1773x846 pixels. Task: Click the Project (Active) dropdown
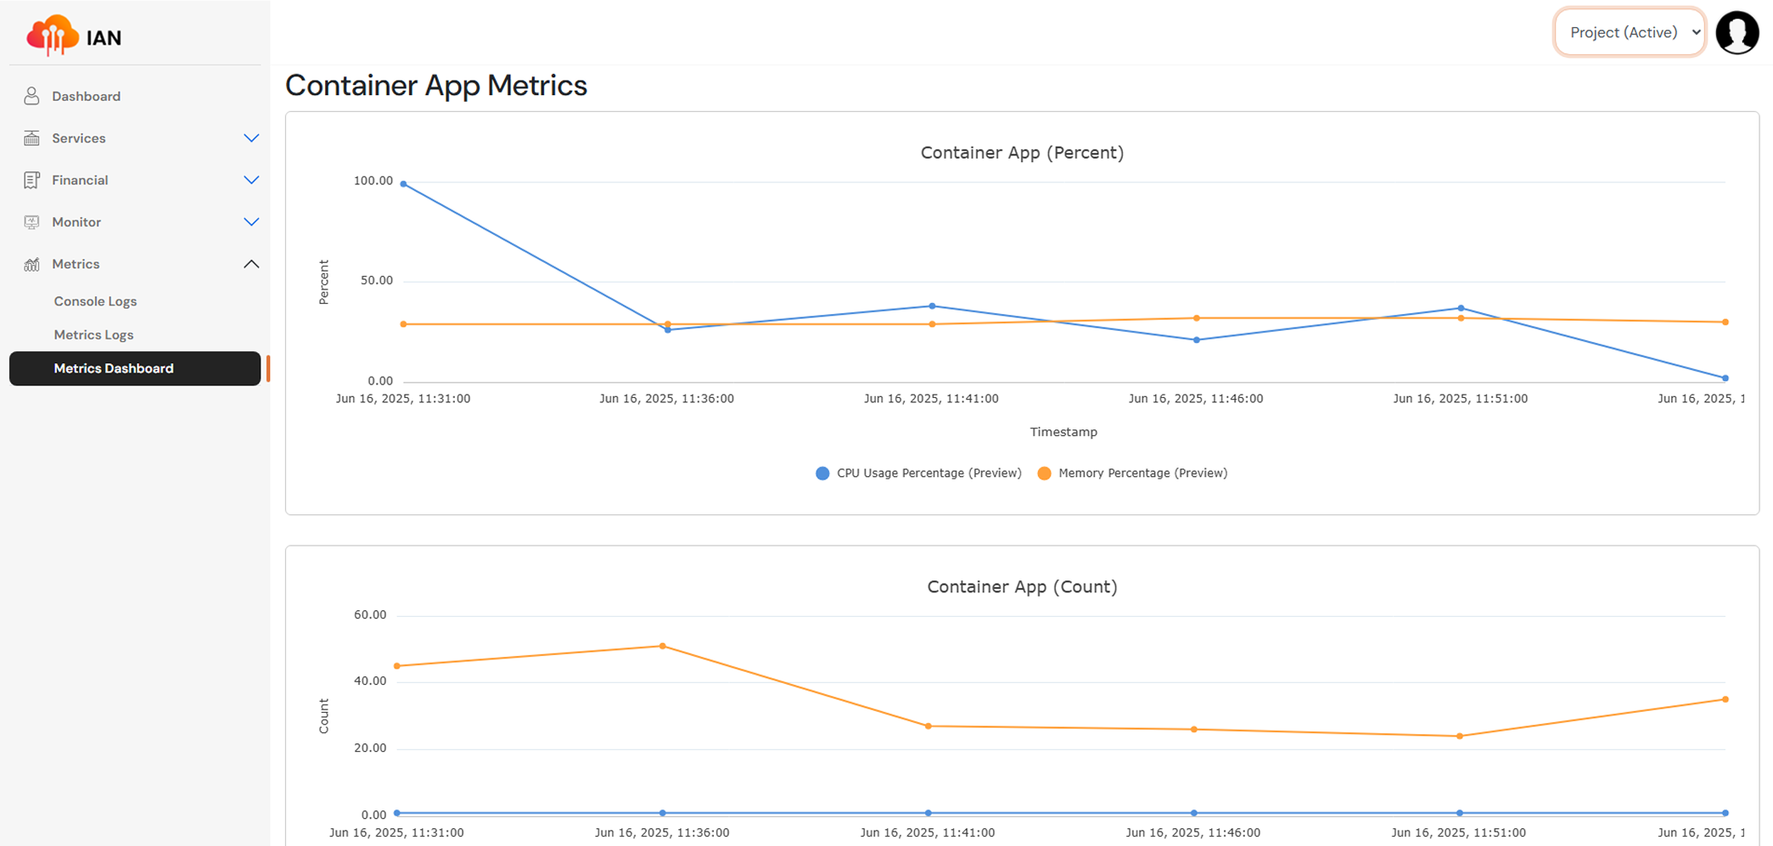coord(1629,32)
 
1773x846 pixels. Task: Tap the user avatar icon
coord(1737,33)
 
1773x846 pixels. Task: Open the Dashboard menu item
coord(86,96)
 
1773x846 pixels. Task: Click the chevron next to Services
coord(251,138)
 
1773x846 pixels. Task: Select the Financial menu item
coord(80,180)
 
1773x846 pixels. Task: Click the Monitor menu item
coord(76,222)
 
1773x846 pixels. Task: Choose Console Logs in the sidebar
coord(95,301)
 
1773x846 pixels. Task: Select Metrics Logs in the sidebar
coord(93,334)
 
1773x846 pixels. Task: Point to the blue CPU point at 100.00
coord(403,184)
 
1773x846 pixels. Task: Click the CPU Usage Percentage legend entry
coord(918,473)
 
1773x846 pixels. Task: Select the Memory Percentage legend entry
coord(1133,473)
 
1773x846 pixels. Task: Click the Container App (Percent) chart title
coord(1022,153)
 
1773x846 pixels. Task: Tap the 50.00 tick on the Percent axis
coord(376,281)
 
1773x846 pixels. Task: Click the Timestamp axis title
coord(1063,432)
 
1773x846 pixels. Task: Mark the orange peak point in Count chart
coord(663,647)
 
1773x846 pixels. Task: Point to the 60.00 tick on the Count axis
coord(370,615)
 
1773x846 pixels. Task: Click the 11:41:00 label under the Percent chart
coord(931,399)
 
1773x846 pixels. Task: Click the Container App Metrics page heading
coord(436,86)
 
